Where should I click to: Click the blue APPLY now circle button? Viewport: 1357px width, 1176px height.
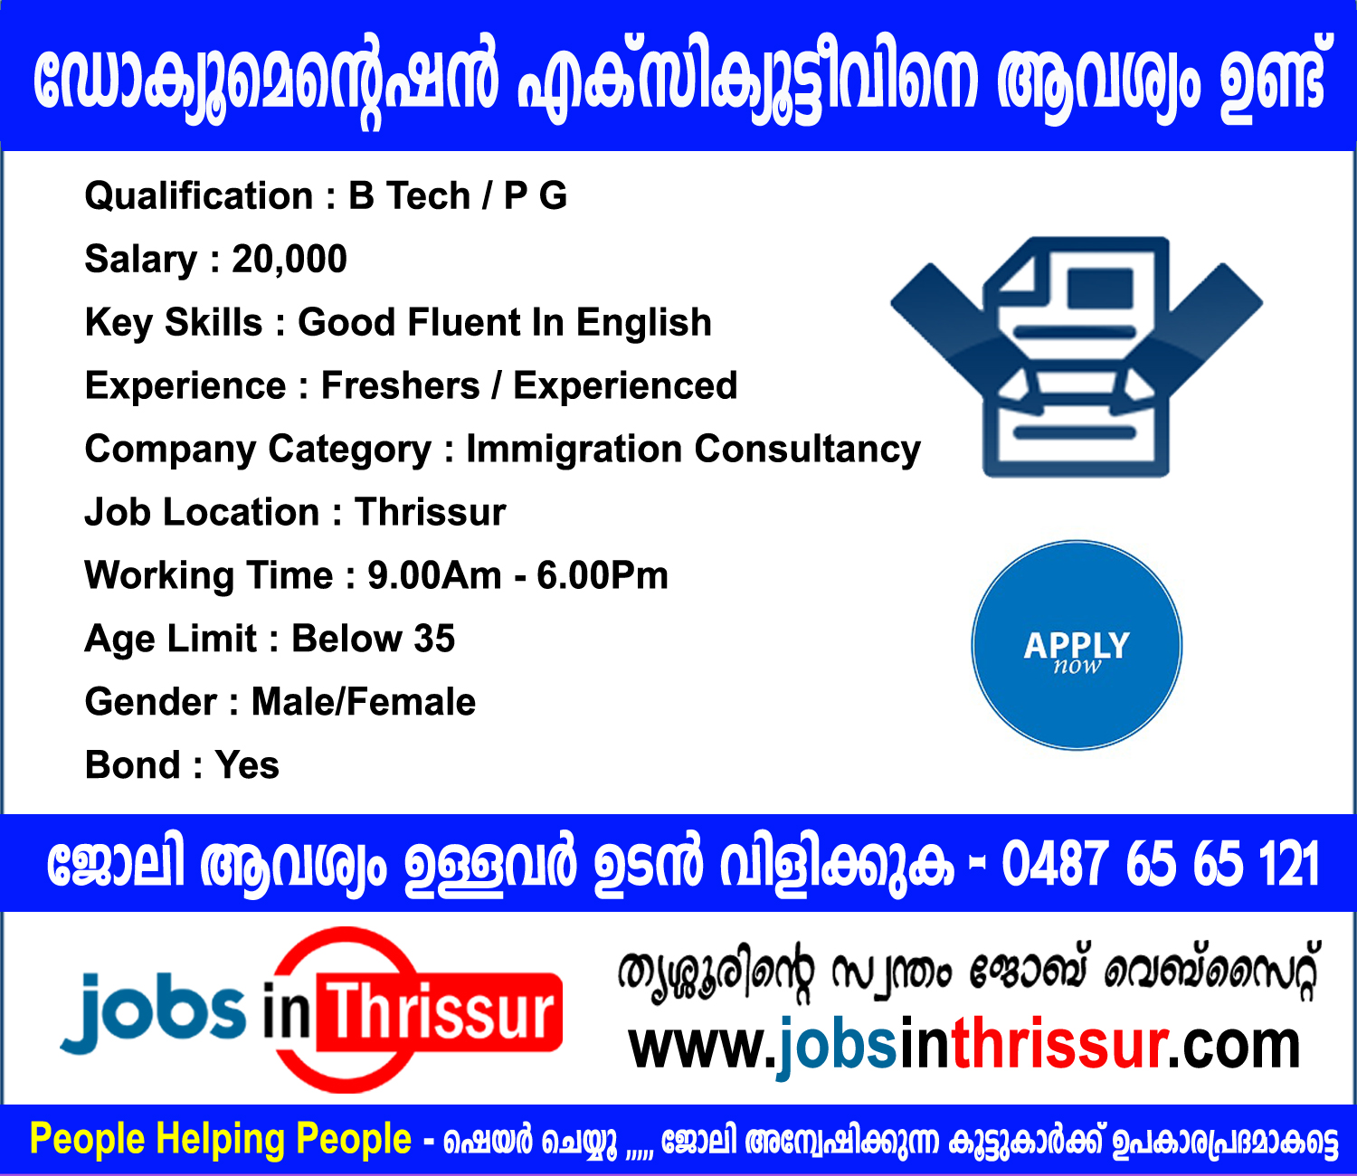tap(1077, 646)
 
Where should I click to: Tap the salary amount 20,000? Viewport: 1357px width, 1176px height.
tap(289, 260)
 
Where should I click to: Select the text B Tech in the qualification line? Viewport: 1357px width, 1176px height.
tap(410, 196)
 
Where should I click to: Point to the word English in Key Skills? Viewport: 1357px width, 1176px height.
tap(644, 323)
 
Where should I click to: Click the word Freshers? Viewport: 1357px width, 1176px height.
tap(401, 386)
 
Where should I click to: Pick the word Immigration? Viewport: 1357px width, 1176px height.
tap(574, 450)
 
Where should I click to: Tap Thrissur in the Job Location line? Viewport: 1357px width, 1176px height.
tap(431, 513)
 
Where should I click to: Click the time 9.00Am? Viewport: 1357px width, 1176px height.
tap(434, 576)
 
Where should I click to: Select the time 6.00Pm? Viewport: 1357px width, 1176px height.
tap(603, 576)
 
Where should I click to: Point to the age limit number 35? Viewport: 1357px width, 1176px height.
tap(435, 640)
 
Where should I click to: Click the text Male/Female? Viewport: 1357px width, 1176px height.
tap(364, 703)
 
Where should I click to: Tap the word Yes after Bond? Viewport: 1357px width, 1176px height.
tap(247, 766)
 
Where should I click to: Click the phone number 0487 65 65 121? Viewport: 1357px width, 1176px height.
tap(1161, 864)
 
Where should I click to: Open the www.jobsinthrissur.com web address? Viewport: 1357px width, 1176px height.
tap(964, 1047)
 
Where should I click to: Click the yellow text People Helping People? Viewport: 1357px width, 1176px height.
tap(221, 1140)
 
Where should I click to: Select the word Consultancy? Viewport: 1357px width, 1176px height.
tap(808, 450)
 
